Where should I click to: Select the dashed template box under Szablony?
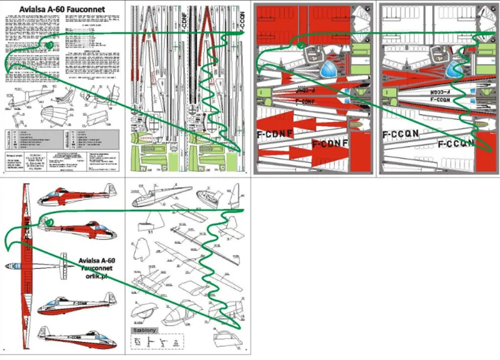pos(156,342)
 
